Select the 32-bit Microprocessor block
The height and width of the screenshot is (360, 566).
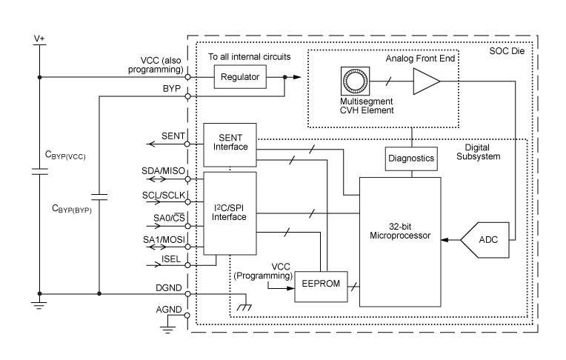point(400,241)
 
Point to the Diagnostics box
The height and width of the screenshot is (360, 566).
point(411,158)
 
